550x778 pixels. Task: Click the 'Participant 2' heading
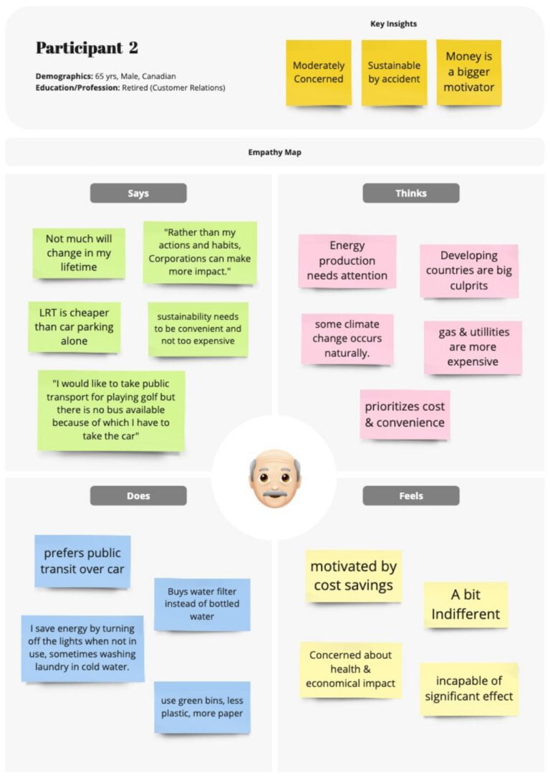point(87,48)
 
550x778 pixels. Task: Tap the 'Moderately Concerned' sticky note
point(319,72)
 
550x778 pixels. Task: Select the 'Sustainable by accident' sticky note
point(394,72)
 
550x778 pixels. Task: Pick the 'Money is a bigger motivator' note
point(469,72)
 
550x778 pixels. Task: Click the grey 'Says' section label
point(138,193)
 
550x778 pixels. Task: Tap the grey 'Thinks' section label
point(411,193)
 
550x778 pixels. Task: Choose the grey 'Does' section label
point(138,495)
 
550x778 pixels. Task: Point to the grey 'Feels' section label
point(411,495)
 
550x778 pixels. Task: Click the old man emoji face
point(274,478)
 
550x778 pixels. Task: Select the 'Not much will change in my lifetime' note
point(79,253)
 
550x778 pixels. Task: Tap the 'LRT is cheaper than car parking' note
point(74,327)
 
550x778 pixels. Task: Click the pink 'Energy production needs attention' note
point(347,261)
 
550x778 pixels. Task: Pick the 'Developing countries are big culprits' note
point(469,270)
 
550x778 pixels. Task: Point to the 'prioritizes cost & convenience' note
point(405,414)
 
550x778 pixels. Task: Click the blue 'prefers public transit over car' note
point(82,561)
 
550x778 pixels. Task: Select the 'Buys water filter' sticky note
point(202,604)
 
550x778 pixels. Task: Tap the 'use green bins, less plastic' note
point(202,707)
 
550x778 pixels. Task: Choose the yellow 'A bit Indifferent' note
point(465,605)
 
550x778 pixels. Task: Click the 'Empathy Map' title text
point(274,152)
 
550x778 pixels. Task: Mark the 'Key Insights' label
point(393,24)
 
